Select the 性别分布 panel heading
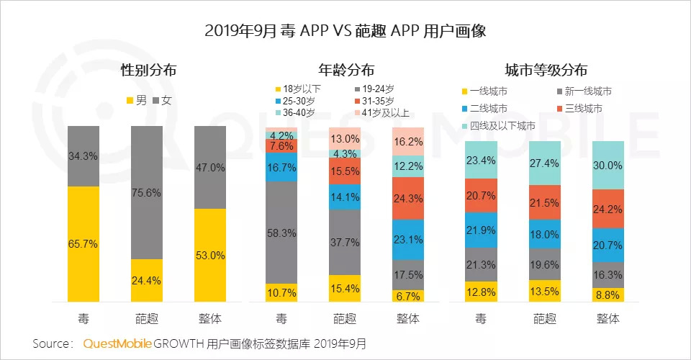click(148, 71)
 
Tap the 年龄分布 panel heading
click(345, 71)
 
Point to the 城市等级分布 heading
click(546, 71)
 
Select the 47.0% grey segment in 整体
click(210, 167)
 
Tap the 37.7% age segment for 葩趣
click(345, 243)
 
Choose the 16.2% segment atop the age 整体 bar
click(408, 143)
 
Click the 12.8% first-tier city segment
click(482, 292)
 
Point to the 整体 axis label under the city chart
click(608, 318)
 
